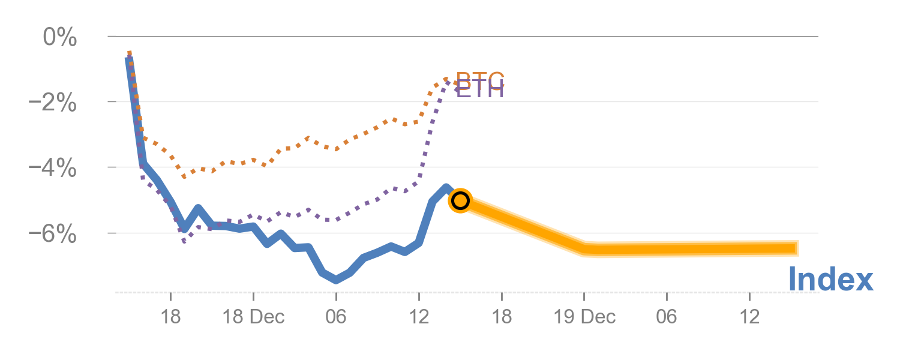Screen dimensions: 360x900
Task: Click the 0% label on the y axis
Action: click(x=60, y=38)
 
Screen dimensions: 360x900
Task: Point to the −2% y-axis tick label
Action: click(x=53, y=103)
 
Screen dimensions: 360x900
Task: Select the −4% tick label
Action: click(x=53, y=169)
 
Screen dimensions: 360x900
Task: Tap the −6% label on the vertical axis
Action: click(x=53, y=234)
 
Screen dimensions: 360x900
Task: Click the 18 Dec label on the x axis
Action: click(x=253, y=317)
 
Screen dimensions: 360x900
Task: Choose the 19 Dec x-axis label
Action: click(x=584, y=317)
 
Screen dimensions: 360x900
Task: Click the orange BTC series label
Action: click(x=481, y=79)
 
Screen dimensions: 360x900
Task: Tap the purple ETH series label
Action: click(x=480, y=91)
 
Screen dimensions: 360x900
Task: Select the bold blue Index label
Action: click(x=830, y=280)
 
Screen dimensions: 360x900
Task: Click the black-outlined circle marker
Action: click(x=460, y=200)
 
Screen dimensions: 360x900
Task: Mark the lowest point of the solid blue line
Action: click(x=337, y=280)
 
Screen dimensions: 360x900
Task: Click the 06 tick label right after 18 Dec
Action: click(x=336, y=317)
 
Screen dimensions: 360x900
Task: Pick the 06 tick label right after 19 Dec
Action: click(x=667, y=317)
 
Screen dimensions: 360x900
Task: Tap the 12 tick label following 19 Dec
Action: click(x=749, y=317)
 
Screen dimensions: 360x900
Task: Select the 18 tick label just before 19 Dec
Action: click(x=502, y=317)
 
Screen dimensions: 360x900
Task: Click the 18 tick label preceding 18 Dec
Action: click(x=171, y=317)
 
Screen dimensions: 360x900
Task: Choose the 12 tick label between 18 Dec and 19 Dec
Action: click(x=419, y=317)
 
